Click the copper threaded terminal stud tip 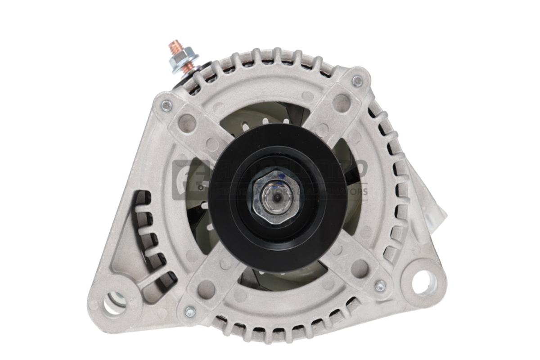pos(174,47)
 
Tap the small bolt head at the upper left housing pos(166,106)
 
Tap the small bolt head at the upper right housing pos(357,81)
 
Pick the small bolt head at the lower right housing pos(380,286)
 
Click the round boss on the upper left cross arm pos(186,121)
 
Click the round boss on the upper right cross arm pos(342,102)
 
